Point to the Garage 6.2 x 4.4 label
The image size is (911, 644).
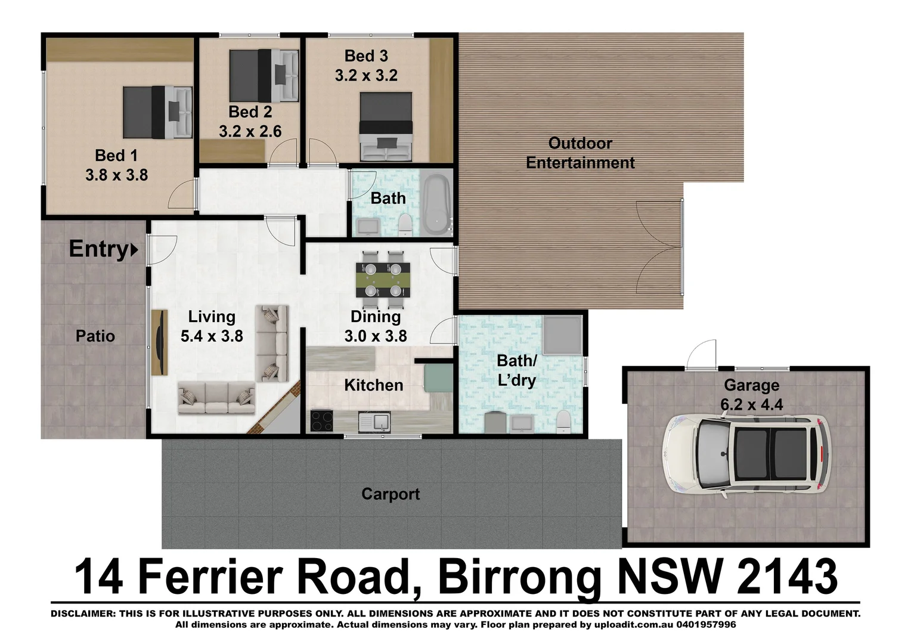(x=751, y=395)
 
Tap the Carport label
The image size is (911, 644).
(x=391, y=494)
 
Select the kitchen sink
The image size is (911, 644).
(x=374, y=422)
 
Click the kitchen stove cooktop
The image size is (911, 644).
(x=323, y=421)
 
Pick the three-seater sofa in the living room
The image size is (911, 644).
(x=216, y=398)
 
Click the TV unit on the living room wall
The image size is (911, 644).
(x=159, y=342)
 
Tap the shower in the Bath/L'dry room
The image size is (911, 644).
(x=562, y=335)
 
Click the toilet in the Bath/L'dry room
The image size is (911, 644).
(x=562, y=422)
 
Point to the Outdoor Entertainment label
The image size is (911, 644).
(x=580, y=153)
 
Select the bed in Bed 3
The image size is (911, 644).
(x=386, y=126)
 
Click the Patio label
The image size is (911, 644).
(x=95, y=336)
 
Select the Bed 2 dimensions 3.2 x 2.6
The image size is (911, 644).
(x=250, y=131)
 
